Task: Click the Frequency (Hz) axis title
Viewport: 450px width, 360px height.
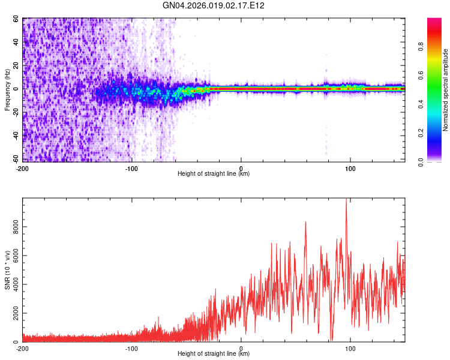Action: tap(7, 90)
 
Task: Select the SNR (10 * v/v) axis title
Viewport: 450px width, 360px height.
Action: tap(7, 270)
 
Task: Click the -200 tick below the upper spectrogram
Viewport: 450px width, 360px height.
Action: tap(22, 167)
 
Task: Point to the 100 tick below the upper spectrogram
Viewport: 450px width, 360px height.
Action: tap(350, 167)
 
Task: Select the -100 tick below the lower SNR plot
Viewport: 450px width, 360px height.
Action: tap(131, 347)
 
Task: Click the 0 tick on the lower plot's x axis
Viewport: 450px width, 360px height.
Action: tap(241, 347)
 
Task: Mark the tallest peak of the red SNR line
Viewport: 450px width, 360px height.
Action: tap(346, 200)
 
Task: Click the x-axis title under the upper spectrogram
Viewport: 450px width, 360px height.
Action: tap(214, 174)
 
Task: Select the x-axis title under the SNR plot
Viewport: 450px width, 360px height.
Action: tap(214, 354)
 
